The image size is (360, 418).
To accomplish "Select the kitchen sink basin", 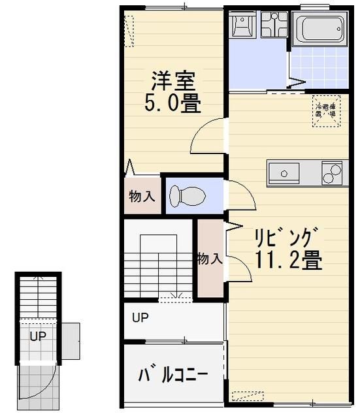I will pos(284,174).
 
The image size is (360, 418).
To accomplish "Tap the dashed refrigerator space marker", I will pos(325,110).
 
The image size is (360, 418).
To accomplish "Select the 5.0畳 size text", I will pos(173,103).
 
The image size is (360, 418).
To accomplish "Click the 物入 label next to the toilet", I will pos(141,196).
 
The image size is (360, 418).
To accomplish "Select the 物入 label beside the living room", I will pos(210,259).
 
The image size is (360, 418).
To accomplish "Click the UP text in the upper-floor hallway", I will pos(140,319).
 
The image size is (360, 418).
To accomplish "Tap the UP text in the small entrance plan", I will pos(37,337).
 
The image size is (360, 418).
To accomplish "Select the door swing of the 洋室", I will pos(208,136).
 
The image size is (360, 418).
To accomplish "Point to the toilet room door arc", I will pos(240,196).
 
